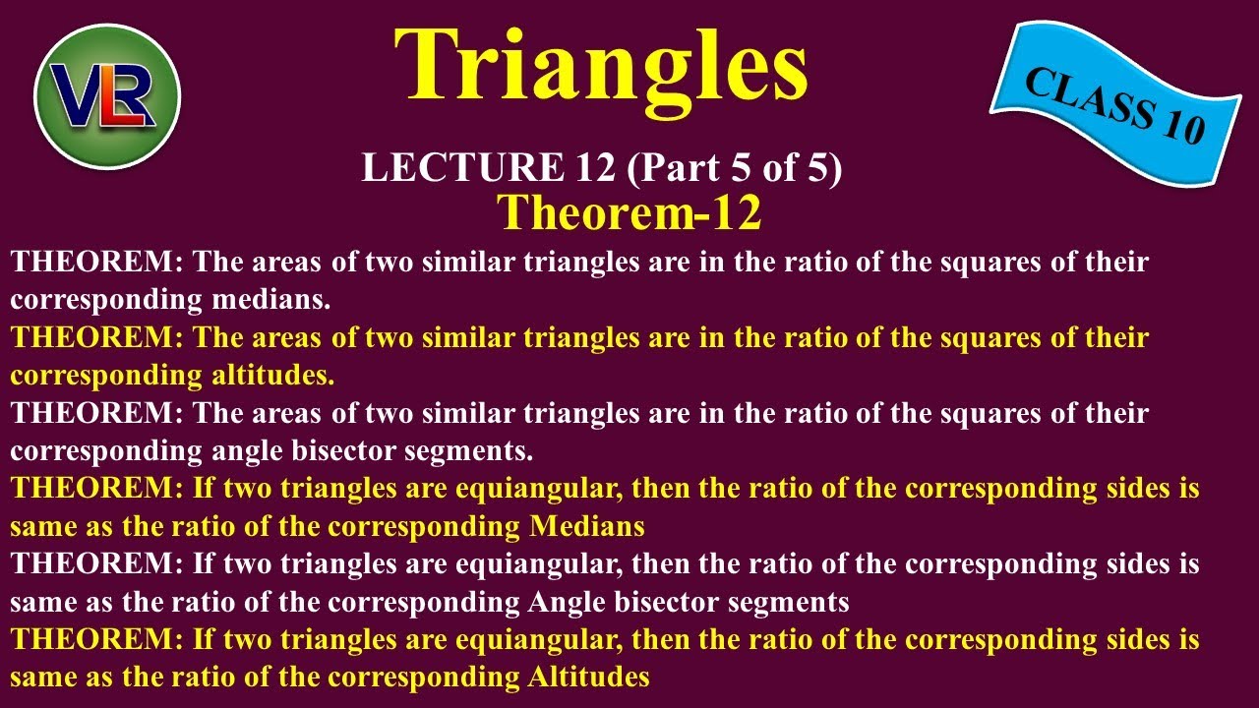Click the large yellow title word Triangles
(x=601, y=67)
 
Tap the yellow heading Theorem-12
(x=629, y=212)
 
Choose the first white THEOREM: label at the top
(x=96, y=263)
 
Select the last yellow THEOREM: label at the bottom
(x=96, y=640)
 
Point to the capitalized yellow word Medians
(x=587, y=526)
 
